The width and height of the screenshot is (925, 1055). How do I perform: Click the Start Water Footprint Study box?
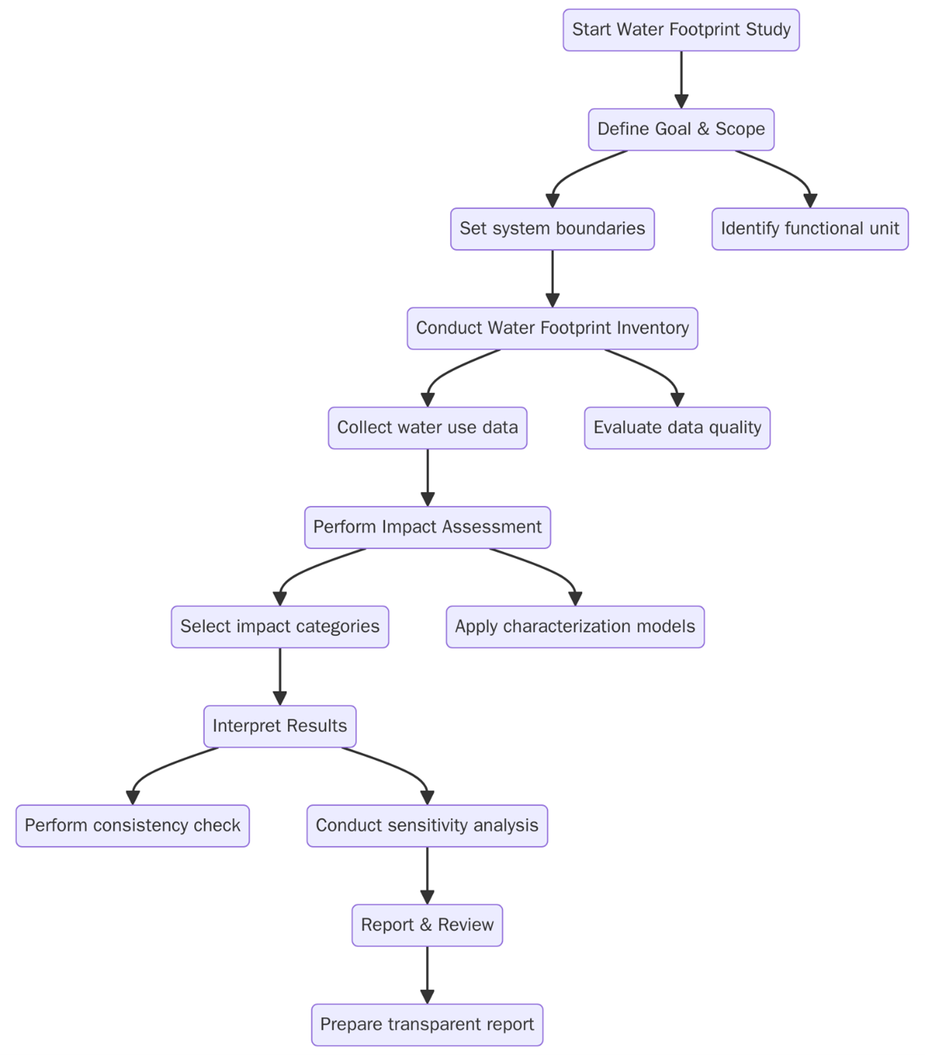pyautogui.click(x=680, y=30)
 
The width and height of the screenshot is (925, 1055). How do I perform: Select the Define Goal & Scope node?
pyautogui.click(x=680, y=129)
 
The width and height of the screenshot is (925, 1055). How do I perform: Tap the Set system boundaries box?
pyautogui.click(x=552, y=229)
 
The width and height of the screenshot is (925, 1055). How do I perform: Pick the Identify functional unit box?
pyautogui.click(x=809, y=229)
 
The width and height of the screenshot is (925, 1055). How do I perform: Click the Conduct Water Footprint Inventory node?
pyautogui.click(x=552, y=328)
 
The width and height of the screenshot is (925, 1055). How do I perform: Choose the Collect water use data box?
pyautogui.click(x=427, y=427)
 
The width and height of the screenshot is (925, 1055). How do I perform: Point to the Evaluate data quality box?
pyautogui.click(x=677, y=427)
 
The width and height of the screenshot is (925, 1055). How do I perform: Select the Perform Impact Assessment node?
pyautogui.click(x=427, y=527)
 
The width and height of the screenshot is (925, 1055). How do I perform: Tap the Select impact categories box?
pyautogui.click(x=279, y=626)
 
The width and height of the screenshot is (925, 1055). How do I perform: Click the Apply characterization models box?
pyautogui.click(x=575, y=626)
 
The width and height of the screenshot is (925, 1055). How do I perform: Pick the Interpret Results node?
pyautogui.click(x=279, y=726)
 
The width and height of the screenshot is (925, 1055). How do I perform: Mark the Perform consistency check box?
pyautogui.click(x=132, y=826)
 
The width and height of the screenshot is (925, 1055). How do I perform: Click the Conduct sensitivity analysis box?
pyautogui.click(x=427, y=826)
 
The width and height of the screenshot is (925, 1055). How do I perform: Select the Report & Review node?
pyautogui.click(x=427, y=925)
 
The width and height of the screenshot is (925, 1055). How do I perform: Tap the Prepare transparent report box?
pyautogui.click(x=427, y=1024)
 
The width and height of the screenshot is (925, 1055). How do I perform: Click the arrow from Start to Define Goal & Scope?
pyautogui.click(x=681, y=79)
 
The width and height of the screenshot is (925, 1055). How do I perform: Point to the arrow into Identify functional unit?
pyautogui.click(x=785, y=170)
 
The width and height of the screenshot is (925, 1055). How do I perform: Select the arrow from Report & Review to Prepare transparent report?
pyautogui.click(x=427, y=974)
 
